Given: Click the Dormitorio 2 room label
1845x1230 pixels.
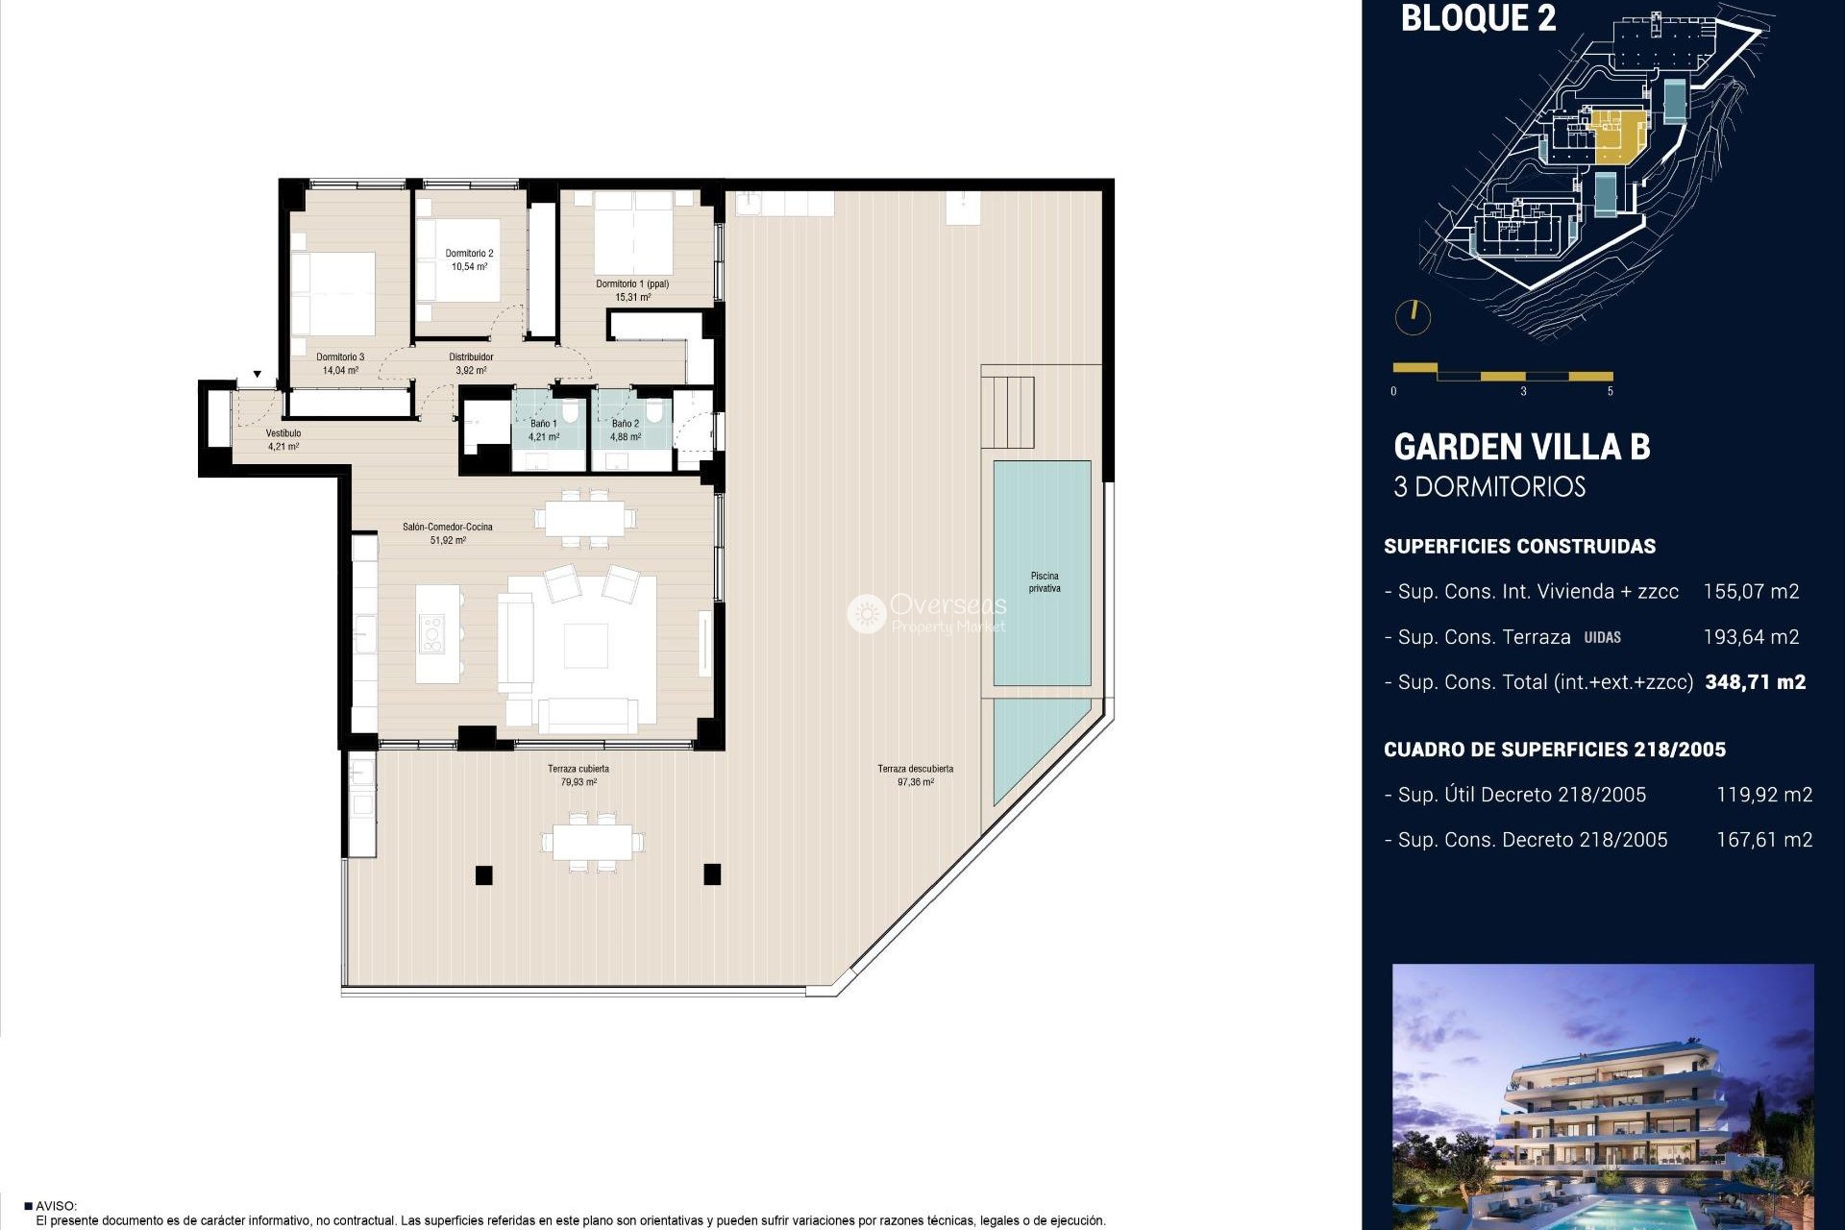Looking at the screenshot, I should [469, 254].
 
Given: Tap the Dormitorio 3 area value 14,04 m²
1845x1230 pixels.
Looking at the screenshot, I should [340, 370].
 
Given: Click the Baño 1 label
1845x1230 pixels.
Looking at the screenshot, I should [543, 424].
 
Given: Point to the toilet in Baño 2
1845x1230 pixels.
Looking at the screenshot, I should [653, 412].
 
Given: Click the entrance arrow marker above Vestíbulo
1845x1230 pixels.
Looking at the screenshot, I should [258, 374].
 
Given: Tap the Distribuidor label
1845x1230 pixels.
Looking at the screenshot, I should [471, 357].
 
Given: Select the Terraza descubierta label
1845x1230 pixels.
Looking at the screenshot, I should [915, 769].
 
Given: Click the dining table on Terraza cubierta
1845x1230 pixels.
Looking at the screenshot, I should [592, 842].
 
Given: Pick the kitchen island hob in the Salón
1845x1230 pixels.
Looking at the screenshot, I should [431, 635].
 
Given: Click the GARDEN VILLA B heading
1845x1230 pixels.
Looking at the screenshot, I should [1521, 448].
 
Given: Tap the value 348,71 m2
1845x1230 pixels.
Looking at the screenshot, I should [1755, 682].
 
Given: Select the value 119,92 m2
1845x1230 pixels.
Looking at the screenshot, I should [1763, 795].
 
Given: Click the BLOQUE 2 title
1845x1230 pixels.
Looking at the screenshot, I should [1478, 18].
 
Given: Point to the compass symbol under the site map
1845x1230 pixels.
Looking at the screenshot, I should [1413, 316].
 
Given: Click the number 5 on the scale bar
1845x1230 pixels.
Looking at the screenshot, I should [1610, 391].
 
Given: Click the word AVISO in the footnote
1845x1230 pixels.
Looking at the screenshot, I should [56, 1206].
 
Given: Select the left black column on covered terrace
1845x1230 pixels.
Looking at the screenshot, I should [483, 874].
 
